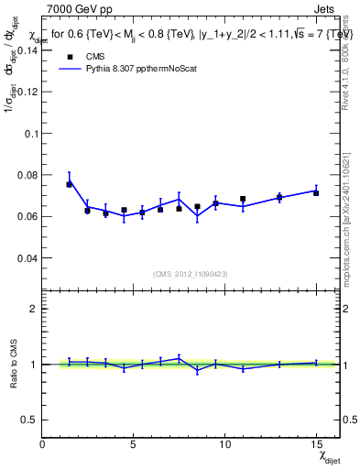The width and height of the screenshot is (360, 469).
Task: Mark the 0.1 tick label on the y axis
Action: pyautogui.click(x=32, y=133)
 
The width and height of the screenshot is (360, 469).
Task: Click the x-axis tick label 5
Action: pyautogui.click(x=134, y=444)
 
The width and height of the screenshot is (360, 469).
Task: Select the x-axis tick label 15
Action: pyautogui.click(x=316, y=444)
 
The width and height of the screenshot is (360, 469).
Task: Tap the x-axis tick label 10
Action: pyautogui.click(x=224, y=444)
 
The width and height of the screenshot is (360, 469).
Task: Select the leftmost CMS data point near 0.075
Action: pyautogui.click(x=69, y=184)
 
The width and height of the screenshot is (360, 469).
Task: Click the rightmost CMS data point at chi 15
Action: pyautogui.click(x=316, y=192)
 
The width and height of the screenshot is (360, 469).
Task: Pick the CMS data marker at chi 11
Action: pyautogui.click(x=243, y=199)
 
